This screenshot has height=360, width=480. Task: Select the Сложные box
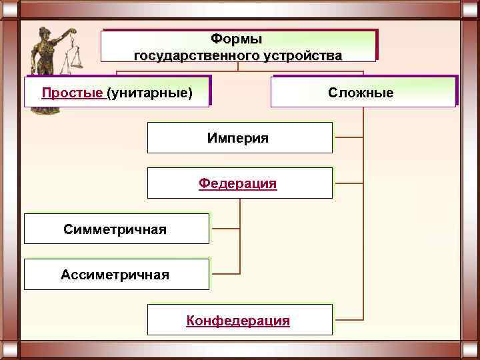(x=363, y=91)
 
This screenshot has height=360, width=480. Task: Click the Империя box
(x=239, y=138)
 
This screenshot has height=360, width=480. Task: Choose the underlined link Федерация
(x=237, y=183)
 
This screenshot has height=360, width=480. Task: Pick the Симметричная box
(x=116, y=229)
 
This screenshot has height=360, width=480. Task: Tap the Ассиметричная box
(x=116, y=274)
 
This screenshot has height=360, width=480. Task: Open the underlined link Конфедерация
(x=238, y=321)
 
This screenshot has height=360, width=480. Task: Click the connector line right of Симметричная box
(x=225, y=229)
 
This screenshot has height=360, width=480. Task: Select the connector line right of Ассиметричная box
(x=225, y=273)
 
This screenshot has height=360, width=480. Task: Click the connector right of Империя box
(x=348, y=137)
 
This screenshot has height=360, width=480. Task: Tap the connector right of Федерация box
(x=348, y=183)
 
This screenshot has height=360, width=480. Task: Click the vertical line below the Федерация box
(x=239, y=233)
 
